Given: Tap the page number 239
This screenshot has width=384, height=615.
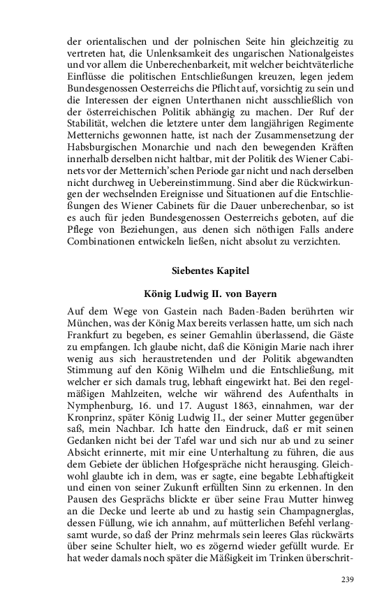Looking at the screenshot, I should click(348, 579).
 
